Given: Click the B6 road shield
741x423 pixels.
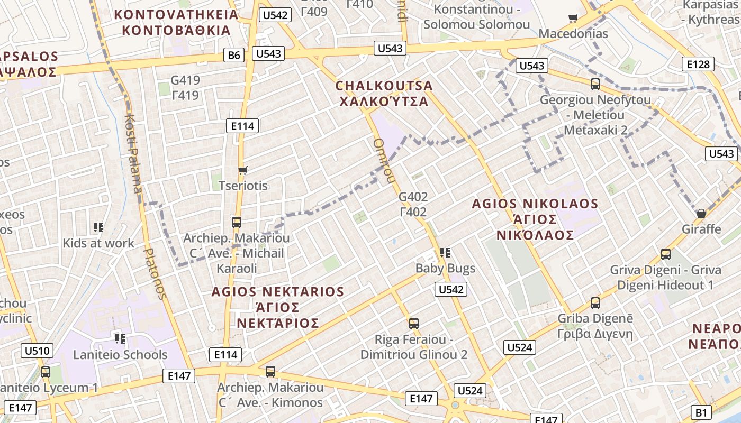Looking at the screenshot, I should (x=233, y=55).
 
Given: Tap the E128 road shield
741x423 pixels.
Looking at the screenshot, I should (x=698, y=65).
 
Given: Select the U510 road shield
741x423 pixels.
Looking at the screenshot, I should (x=37, y=351).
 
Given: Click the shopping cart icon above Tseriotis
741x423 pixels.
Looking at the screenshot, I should (x=243, y=170).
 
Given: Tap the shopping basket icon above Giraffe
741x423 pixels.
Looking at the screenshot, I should (x=701, y=214).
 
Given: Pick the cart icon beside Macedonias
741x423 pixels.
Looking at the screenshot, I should (x=573, y=19).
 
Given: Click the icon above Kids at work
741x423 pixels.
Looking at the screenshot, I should (x=98, y=227).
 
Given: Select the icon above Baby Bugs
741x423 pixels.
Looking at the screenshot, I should (x=445, y=253).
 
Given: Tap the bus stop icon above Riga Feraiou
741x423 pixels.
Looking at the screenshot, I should (x=414, y=323).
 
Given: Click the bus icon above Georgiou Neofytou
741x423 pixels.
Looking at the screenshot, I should (x=595, y=84).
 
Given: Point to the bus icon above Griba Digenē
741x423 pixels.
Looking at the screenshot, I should (x=595, y=303).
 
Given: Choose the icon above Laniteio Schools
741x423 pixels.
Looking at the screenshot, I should (x=120, y=338).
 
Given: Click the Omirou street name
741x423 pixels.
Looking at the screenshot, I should (x=384, y=161).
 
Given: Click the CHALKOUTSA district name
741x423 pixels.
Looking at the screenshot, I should (x=384, y=85).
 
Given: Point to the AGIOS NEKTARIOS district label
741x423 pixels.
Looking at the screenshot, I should (x=277, y=292).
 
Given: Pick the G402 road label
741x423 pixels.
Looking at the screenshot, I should (x=413, y=197).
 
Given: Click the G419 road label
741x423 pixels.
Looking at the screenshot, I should (x=185, y=80).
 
